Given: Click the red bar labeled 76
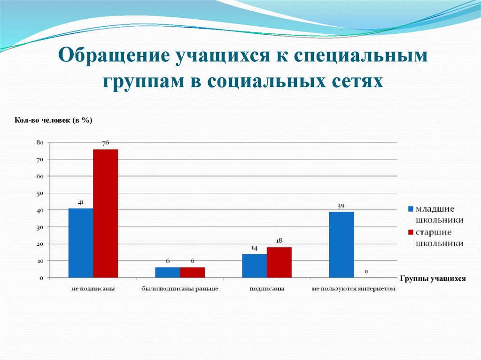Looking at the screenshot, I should tap(105, 213).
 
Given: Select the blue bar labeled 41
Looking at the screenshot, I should tap(80, 243).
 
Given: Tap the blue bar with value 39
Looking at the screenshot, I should tap(341, 245).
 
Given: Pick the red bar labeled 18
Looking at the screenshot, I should tap(279, 262).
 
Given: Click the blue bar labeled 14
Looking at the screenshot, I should tap(254, 266).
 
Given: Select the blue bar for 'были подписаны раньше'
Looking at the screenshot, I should tap(167, 272).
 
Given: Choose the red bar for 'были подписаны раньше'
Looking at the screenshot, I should tap(192, 272).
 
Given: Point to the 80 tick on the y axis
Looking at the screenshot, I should tap(40, 142).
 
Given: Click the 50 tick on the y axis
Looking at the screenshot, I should tap(40, 193).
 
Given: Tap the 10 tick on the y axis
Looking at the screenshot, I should tap(40, 261).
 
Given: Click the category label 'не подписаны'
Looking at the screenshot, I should tap(93, 289).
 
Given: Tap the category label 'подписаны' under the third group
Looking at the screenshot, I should tap(266, 289).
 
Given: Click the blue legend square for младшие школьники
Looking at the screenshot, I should tap(410, 208).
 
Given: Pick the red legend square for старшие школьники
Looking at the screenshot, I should tap(410, 232).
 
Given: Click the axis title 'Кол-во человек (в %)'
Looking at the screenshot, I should tap(53, 121).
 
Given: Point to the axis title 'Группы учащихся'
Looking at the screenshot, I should tap(433, 279).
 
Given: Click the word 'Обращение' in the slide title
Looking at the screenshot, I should tap(113, 57).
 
